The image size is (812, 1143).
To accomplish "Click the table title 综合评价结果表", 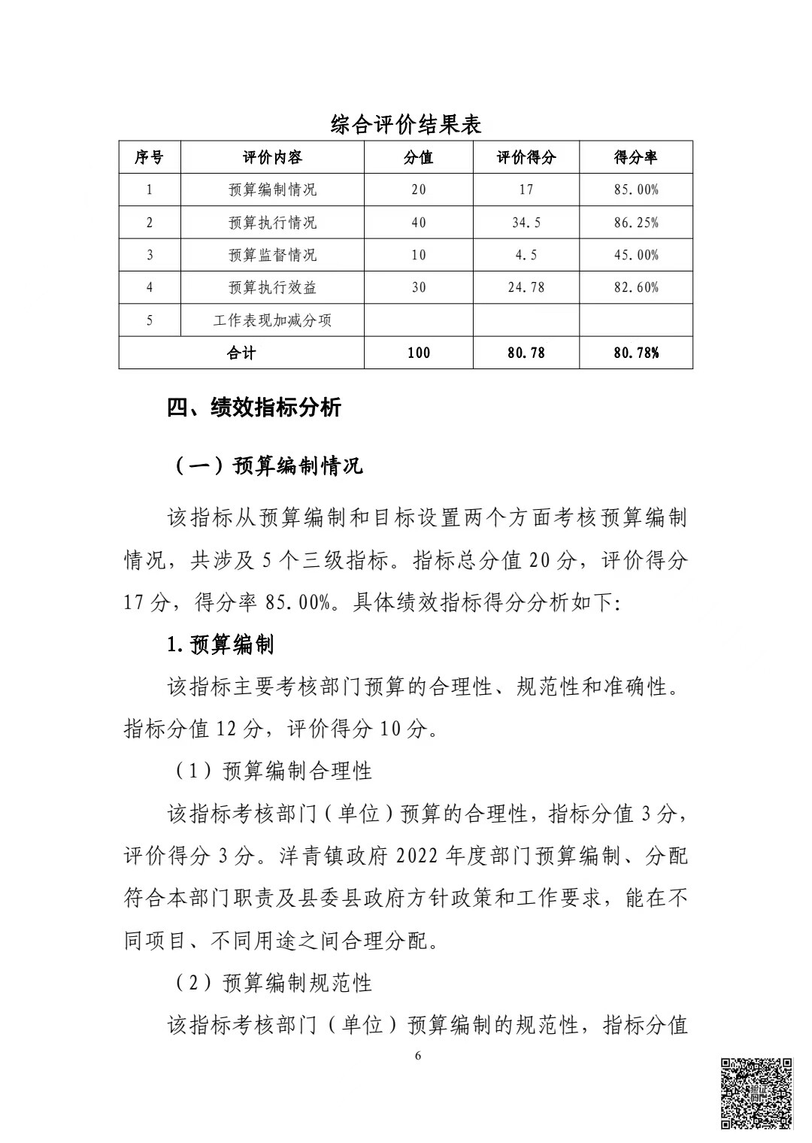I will tap(405, 124).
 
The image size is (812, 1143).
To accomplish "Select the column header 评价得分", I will tap(526, 158).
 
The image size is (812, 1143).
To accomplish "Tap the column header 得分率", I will tap(635, 158).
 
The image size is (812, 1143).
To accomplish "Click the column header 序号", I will tap(149, 158).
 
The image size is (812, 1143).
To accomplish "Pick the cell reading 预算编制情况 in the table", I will tap(272, 190).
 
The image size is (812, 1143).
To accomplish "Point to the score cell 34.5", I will tap(526, 223).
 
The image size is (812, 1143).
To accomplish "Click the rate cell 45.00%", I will tap(635, 255).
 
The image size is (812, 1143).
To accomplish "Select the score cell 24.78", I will tap(526, 287).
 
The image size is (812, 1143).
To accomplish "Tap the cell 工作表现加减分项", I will tap(272, 320).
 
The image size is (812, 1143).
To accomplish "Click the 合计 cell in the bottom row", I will tap(241, 353).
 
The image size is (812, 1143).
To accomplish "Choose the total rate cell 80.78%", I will tap(635, 353).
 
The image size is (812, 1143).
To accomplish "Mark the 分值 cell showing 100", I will tap(419, 353).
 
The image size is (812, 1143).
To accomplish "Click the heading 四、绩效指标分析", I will tap(254, 408).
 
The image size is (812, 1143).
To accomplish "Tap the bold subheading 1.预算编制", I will tap(220, 644).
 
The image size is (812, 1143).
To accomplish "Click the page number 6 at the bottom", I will tap(418, 1056).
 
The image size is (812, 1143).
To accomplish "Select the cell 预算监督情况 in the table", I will tap(272, 255).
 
